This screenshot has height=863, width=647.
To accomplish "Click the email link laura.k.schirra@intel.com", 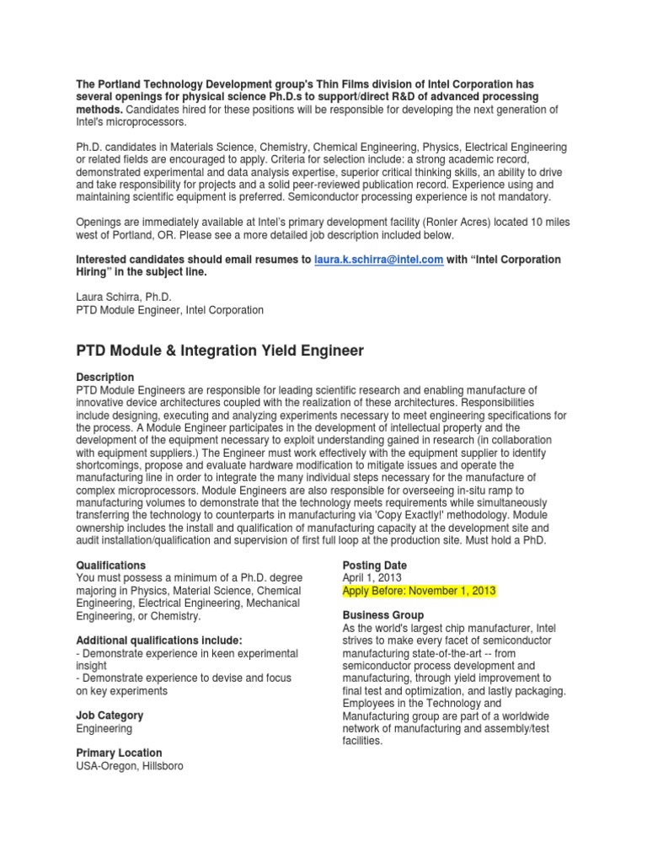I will coord(378,260).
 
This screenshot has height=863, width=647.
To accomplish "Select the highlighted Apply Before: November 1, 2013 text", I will coord(419,591).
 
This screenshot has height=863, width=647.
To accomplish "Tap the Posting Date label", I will coord(374,565).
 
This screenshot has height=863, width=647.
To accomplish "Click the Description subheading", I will coord(105,377).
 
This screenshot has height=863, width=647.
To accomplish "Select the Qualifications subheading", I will coord(110,565).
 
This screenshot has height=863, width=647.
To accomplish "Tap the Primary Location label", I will coord(119,753).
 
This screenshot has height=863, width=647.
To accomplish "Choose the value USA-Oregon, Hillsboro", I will coord(129,766).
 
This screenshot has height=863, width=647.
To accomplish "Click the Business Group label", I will coord(383,615).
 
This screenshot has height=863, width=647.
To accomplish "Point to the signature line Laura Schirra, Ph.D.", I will coord(124,297).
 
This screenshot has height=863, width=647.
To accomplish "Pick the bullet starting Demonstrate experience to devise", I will coord(184,678).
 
